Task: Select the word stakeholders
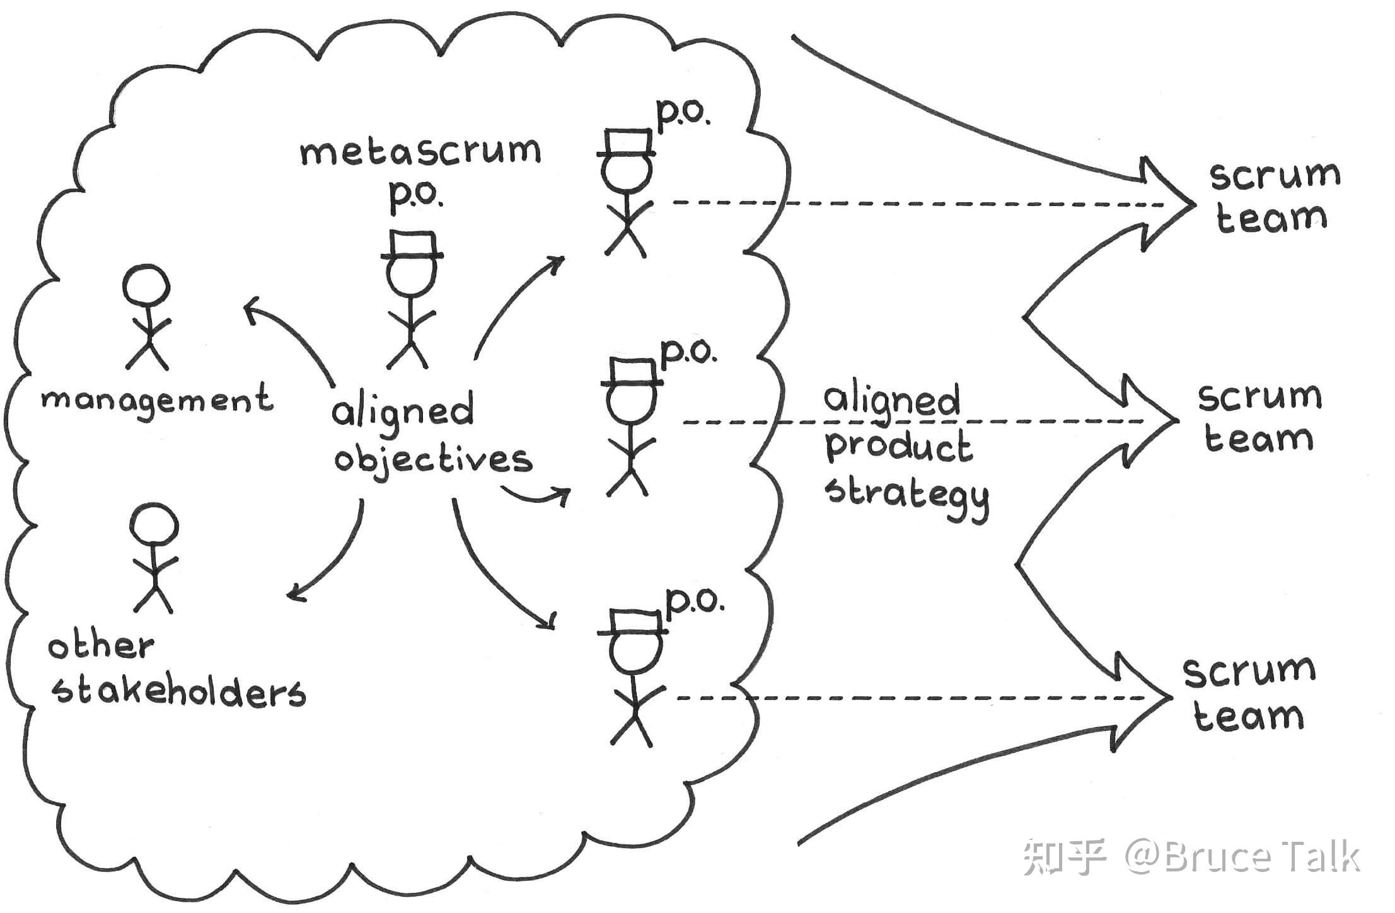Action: (x=179, y=692)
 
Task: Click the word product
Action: (x=899, y=446)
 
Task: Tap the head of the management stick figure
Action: (x=146, y=285)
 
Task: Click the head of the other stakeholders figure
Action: (x=153, y=524)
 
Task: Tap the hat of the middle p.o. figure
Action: (x=632, y=372)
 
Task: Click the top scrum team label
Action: (x=1273, y=197)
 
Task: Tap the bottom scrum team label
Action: (x=1248, y=694)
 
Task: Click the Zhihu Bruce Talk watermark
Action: (x=1191, y=857)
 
